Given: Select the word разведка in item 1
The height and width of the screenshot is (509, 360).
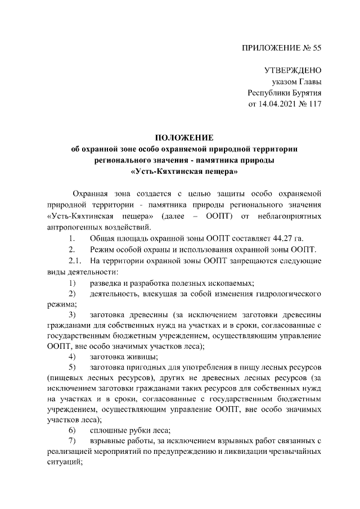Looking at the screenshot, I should pyautogui.click(x=105, y=282).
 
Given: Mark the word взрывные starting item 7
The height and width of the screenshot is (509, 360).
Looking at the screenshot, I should pyautogui.click(x=107, y=442).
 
